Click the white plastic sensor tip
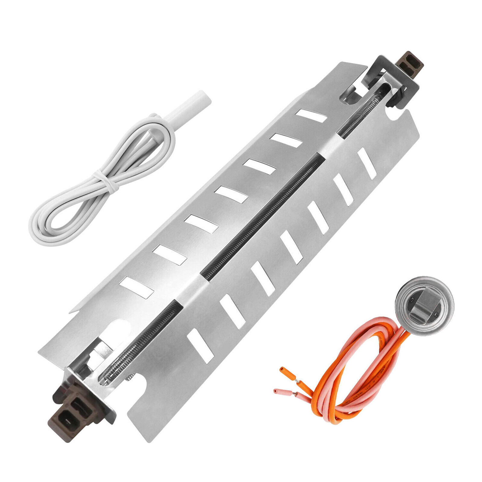(193, 102)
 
